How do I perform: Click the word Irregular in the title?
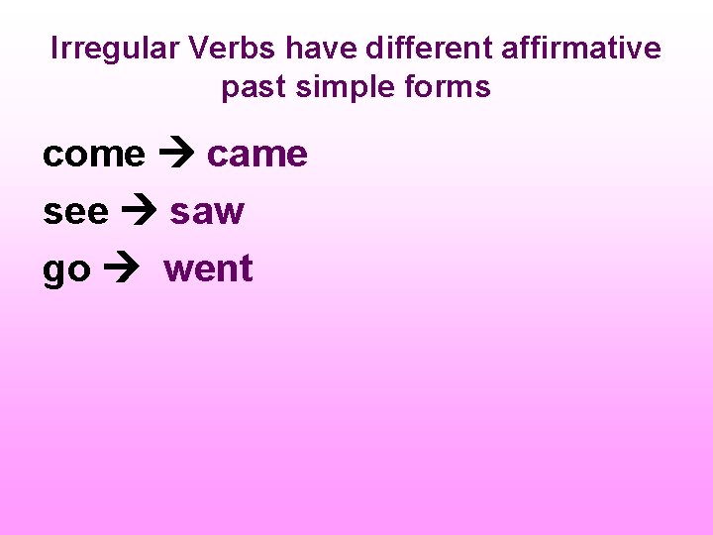coord(108,49)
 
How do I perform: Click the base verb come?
coord(94,155)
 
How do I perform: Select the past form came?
coord(257,155)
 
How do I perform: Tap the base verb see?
coord(75,211)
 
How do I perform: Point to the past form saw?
coord(207,211)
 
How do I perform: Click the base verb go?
coord(65,269)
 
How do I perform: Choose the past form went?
coord(209,268)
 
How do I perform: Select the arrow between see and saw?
coord(140,212)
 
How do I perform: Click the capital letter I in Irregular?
coord(54,49)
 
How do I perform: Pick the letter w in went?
coord(177,269)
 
